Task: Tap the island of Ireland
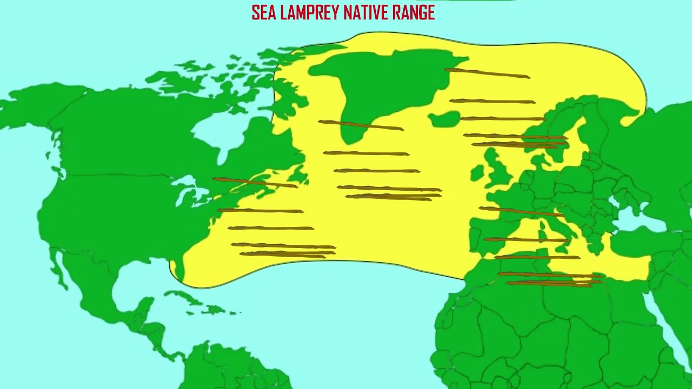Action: (478, 173)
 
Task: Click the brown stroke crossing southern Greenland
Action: (361, 125)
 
